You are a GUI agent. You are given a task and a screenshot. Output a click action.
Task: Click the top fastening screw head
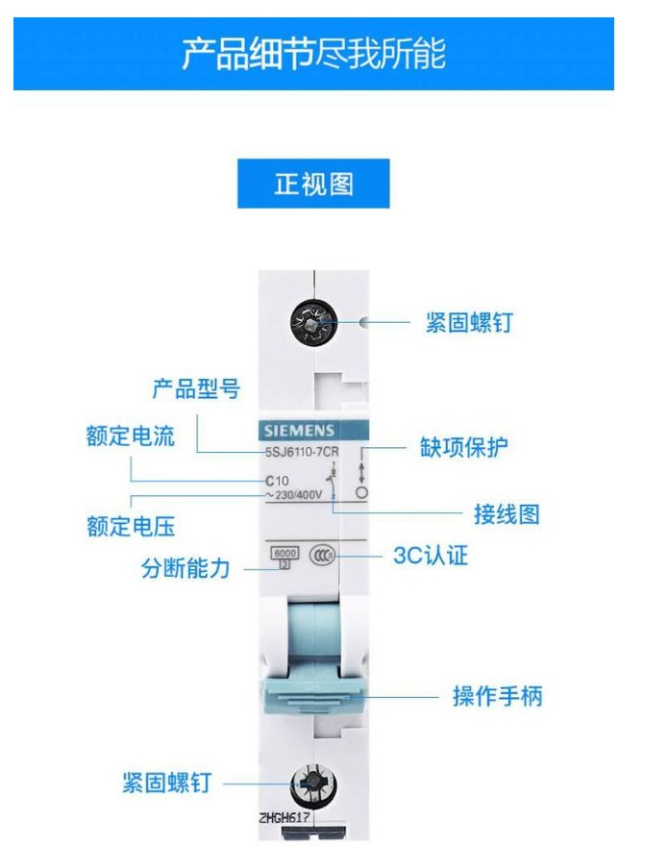[313, 323]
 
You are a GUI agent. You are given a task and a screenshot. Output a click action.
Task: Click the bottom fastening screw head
[313, 784]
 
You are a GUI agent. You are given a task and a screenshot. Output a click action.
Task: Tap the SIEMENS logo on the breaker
[299, 431]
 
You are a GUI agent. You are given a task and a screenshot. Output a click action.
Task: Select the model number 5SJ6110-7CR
[302, 452]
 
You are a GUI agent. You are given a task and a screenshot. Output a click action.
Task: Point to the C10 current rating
[277, 480]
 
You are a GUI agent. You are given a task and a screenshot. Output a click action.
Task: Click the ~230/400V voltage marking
[293, 495]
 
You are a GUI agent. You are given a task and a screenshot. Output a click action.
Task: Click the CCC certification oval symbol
[322, 555]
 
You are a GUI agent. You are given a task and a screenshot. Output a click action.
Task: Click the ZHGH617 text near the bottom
[285, 817]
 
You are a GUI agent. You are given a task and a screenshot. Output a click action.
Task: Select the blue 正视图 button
[313, 184]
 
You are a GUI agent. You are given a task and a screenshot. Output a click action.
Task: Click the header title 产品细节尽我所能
[313, 54]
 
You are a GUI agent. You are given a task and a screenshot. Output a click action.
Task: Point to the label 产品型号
[196, 388]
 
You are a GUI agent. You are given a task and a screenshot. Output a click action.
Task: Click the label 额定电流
[131, 435]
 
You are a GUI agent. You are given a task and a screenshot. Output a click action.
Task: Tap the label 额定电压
[131, 526]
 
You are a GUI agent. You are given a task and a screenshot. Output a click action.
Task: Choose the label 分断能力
[186, 568]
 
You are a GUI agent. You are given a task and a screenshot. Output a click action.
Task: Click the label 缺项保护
[463, 447]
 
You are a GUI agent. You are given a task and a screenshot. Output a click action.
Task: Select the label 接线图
[507, 514]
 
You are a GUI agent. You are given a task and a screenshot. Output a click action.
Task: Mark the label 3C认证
[431, 556]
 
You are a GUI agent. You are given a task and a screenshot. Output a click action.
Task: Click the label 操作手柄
[497, 696]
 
